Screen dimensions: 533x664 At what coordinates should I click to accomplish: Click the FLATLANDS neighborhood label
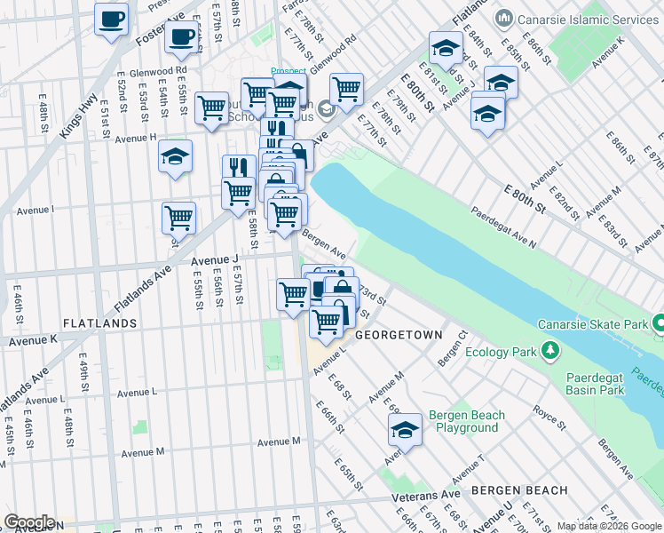point(99,323)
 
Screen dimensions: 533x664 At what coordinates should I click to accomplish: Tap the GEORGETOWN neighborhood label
point(399,336)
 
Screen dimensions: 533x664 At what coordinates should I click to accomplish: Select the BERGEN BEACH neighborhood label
point(519,490)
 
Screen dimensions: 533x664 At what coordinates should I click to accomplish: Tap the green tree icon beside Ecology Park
point(551,352)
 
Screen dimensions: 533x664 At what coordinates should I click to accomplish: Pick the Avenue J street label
point(215,259)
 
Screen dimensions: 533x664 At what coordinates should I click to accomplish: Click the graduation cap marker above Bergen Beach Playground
point(405,430)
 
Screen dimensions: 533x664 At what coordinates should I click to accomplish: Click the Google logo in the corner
point(30,522)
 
